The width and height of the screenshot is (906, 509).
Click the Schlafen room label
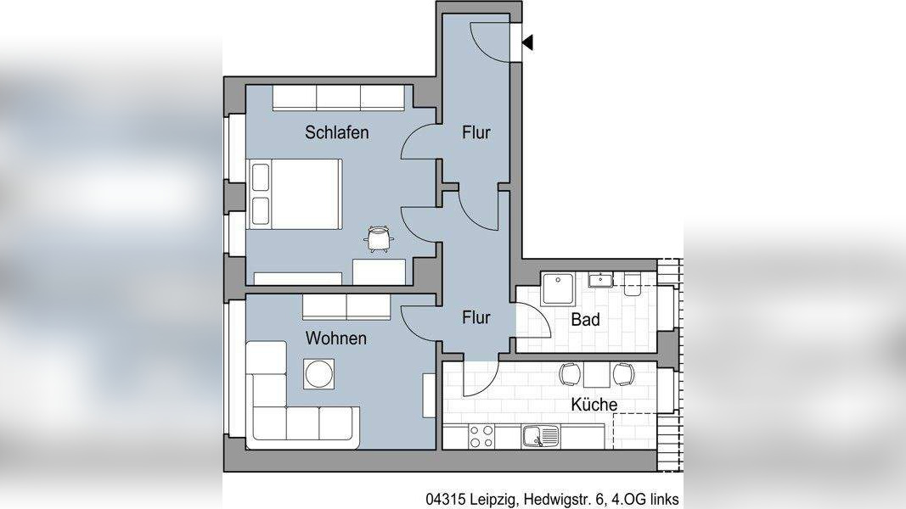pos(336,132)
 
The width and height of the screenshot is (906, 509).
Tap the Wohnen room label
pos(336,338)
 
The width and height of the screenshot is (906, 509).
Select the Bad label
pos(586,319)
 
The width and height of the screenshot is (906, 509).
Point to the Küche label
pos(594,405)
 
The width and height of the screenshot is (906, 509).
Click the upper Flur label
pos(476,132)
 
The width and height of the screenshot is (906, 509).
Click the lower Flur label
pos(476,317)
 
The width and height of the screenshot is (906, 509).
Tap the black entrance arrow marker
pos(527,42)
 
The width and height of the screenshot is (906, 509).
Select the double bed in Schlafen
pos(295,195)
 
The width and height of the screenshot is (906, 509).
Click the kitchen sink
pos(540,436)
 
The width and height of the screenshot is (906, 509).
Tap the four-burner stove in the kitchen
pos(481,436)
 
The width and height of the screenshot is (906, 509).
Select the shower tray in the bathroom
pos(558,291)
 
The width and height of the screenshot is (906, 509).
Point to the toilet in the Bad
pos(633,285)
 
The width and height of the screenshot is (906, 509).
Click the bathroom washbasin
pos(601,281)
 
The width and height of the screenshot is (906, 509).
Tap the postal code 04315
pos(446,500)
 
